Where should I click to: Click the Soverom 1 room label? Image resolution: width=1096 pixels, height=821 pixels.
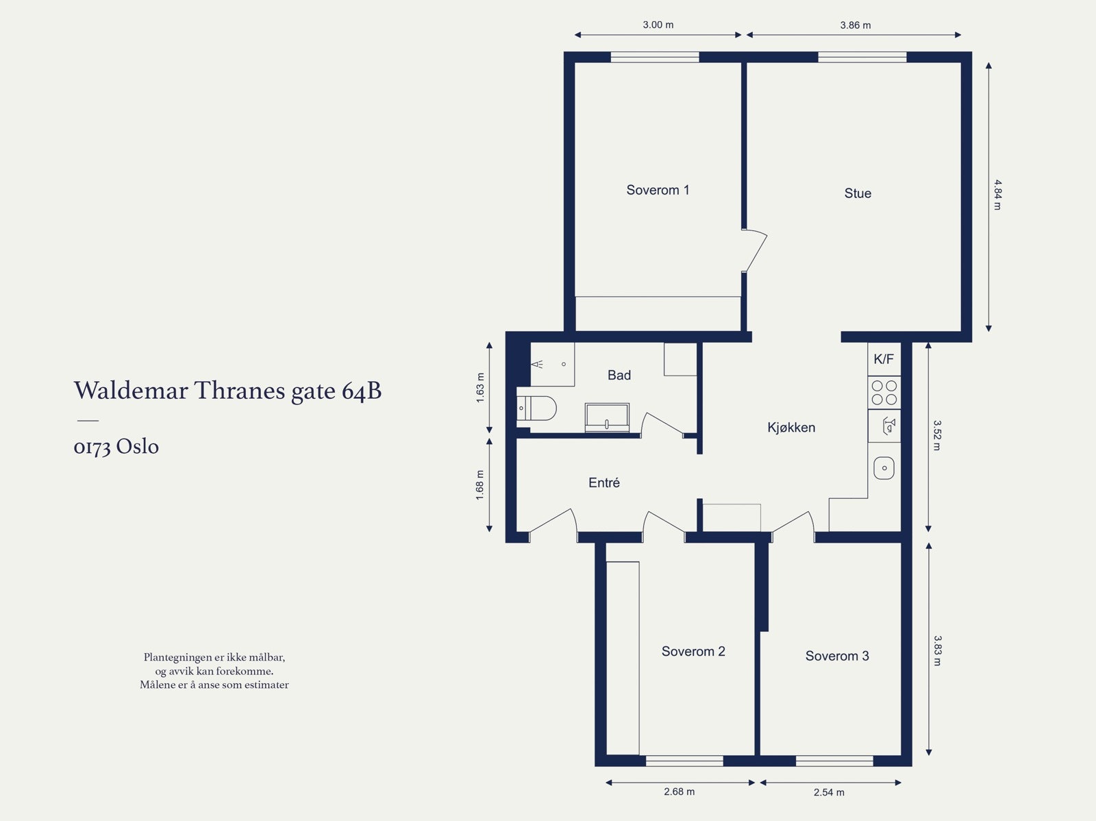click(x=658, y=191)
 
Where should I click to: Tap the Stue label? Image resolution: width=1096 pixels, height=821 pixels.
click(x=858, y=193)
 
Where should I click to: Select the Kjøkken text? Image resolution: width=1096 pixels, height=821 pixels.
click(x=791, y=428)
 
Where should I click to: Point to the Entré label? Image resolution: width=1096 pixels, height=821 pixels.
click(x=603, y=482)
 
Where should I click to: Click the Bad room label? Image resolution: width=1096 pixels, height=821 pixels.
click(x=619, y=375)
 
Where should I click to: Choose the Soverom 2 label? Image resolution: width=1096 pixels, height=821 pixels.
click(x=693, y=651)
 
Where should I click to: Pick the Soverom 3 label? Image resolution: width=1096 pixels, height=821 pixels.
click(x=837, y=656)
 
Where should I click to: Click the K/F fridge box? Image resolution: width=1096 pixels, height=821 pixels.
click(x=884, y=358)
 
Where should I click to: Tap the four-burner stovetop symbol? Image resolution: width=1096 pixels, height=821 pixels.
click(x=884, y=393)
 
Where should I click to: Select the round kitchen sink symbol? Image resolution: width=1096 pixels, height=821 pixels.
click(x=884, y=469)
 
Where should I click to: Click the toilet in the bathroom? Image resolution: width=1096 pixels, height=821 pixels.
click(x=536, y=408)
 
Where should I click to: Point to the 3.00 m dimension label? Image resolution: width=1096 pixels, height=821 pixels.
click(x=658, y=25)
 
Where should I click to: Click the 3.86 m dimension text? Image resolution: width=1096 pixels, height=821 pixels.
click(x=856, y=25)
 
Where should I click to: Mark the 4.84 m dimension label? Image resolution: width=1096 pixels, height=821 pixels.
click(x=997, y=195)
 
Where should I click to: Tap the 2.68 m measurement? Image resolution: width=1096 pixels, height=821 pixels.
click(x=679, y=792)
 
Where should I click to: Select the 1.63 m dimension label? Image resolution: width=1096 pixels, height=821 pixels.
click(x=480, y=388)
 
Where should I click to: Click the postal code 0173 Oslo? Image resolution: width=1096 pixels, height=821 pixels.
click(x=116, y=447)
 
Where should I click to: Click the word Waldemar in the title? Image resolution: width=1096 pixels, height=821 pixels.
click(x=132, y=390)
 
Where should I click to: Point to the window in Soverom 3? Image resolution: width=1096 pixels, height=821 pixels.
click(x=834, y=761)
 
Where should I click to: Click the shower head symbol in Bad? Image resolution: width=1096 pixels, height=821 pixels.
click(x=537, y=365)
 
